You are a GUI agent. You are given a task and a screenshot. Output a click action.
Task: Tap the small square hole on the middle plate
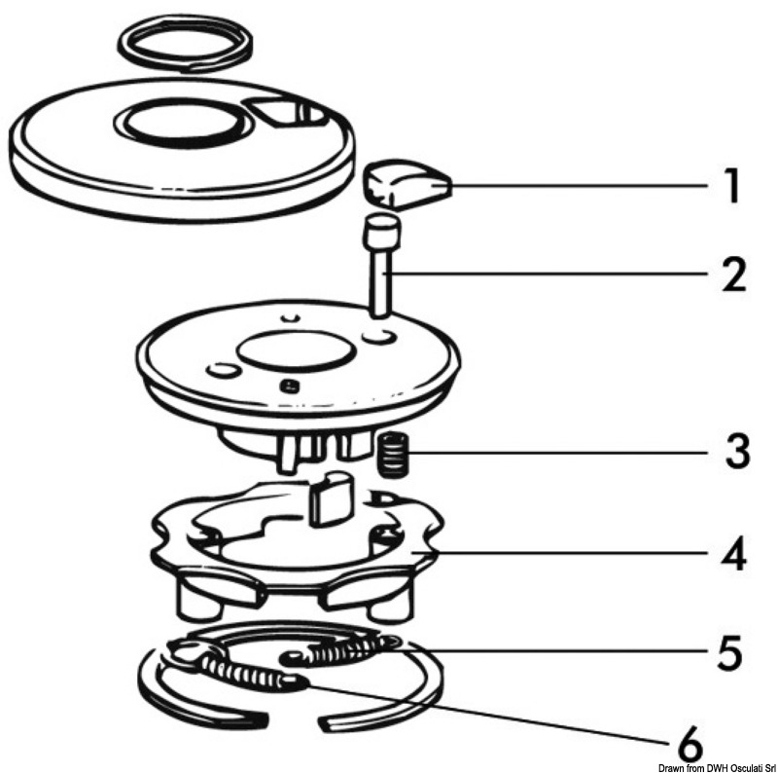[286, 386]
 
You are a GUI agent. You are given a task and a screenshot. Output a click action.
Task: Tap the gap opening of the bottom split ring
[294, 722]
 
